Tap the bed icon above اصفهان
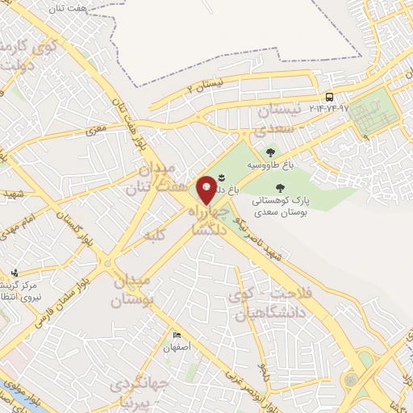(x=177, y=335)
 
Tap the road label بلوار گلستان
(x=82, y=240)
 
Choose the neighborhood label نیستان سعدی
(x=276, y=118)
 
